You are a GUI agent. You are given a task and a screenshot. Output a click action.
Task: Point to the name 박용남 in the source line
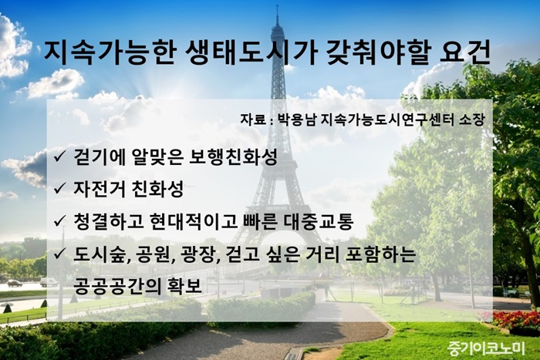pyautogui.click(x=296, y=119)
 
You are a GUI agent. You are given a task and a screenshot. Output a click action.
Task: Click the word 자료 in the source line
pyautogui.click(x=253, y=119)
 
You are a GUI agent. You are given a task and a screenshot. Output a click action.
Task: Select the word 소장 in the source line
pyautogui.click(x=472, y=119)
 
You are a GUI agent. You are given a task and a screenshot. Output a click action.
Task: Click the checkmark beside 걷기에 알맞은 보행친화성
pyautogui.click(x=59, y=157)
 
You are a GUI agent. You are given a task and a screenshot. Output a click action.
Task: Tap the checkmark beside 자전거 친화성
pyautogui.click(x=59, y=189)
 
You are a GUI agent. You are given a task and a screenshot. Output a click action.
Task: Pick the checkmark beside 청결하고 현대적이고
pyautogui.click(x=59, y=220)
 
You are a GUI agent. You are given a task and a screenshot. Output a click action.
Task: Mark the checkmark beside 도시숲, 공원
pyautogui.click(x=59, y=254)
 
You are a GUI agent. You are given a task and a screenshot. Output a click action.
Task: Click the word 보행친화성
pyautogui.click(x=233, y=157)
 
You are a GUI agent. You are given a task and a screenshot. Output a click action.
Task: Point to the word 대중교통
pyautogui.click(x=319, y=221)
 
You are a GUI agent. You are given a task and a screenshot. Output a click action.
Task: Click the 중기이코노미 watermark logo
pyautogui.click(x=486, y=348)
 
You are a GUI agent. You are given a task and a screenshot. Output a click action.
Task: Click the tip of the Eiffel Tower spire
pyautogui.click(x=277, y=5)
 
